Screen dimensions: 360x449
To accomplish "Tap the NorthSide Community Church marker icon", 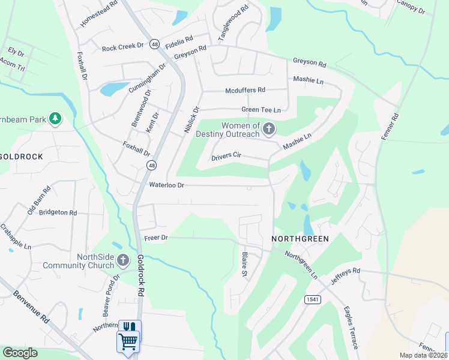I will tap(123, 260).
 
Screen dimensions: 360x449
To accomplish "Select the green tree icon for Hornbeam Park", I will tap(55, 119).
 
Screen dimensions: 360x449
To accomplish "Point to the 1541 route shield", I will tap(312, 299).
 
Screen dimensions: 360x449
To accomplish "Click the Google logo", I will tap(20, 353).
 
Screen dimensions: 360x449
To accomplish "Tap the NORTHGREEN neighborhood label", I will tap(300, 239).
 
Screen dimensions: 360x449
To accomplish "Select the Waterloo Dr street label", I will tap(167, 185).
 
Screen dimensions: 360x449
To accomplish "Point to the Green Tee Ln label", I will tap(261, 110).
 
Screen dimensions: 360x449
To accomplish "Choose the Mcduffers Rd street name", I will tap(245, 90).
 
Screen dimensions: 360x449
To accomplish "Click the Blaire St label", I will tap(245, 265).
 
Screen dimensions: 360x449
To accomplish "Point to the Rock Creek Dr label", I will tap(123, 48).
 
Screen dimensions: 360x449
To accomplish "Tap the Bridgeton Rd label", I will tap(58, 212).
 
